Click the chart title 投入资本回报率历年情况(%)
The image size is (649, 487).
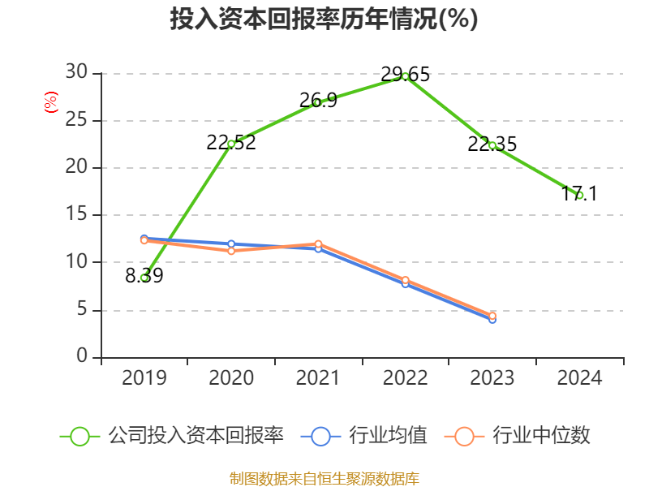324,19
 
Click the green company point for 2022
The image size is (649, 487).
406,76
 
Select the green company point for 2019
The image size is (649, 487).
144,278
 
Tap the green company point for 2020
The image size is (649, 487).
231,144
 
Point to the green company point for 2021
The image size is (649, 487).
318,102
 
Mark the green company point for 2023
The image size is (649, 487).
492,145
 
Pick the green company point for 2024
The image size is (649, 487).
580,196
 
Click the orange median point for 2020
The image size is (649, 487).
231,251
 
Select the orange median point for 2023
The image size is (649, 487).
492,315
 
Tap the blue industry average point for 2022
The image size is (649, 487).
406,283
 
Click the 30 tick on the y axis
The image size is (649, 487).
76,73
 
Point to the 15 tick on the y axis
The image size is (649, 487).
76,215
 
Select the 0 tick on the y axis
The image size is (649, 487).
82,357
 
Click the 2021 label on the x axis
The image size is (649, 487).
318,378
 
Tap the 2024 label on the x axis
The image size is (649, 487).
580,378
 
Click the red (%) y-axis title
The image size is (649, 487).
50,102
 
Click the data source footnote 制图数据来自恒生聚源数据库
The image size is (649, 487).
324,478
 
